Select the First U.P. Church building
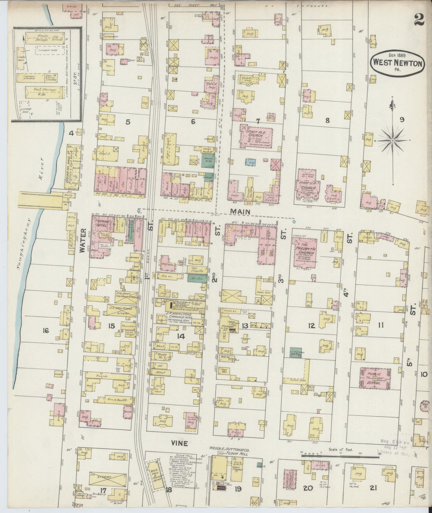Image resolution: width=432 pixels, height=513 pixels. click(x=308, y=186)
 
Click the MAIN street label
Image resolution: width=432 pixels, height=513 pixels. click(x=244, y=211)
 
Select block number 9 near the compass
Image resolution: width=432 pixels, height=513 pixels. click(x=402, y=120)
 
